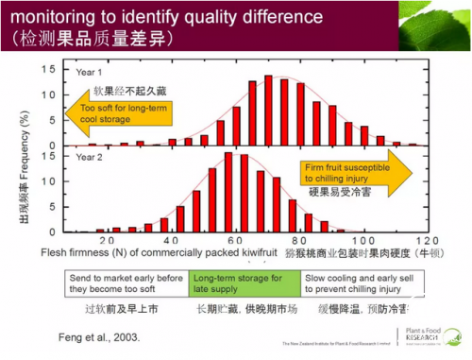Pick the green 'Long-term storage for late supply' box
(244, 284)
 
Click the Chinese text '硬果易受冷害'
(341, 192)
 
